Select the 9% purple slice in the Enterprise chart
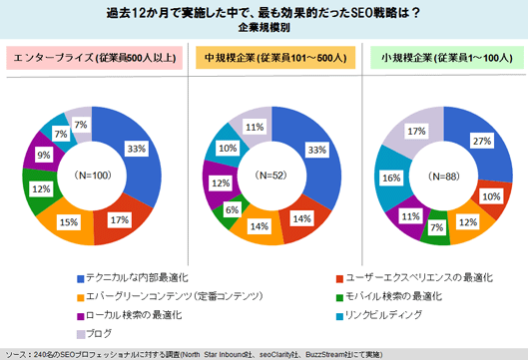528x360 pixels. pos(44,156)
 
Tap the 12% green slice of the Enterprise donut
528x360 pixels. pos(42,188)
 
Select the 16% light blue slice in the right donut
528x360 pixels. pos(392,179)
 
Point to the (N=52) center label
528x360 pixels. pos(273,175)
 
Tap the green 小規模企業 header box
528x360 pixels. pos(445,58)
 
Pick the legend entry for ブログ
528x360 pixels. pos(97,332)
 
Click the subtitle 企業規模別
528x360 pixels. pos(264,28)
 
